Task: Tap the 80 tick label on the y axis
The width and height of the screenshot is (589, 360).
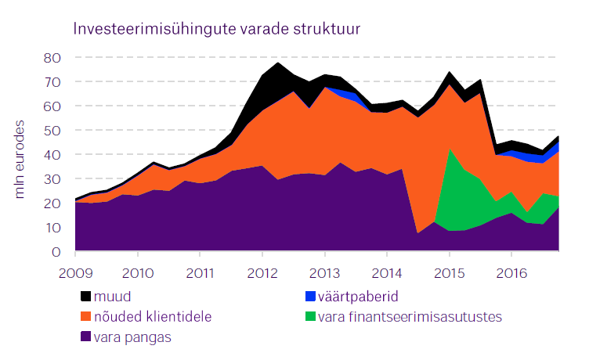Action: click(x=52, y=58)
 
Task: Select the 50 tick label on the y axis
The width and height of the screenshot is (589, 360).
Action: click(x=52, y=131)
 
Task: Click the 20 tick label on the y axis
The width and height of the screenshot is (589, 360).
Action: click(x=52, y=203)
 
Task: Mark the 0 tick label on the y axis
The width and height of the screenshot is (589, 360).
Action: click(x=56, y=252)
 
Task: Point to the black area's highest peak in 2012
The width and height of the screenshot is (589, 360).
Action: click(x=278, y=63)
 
